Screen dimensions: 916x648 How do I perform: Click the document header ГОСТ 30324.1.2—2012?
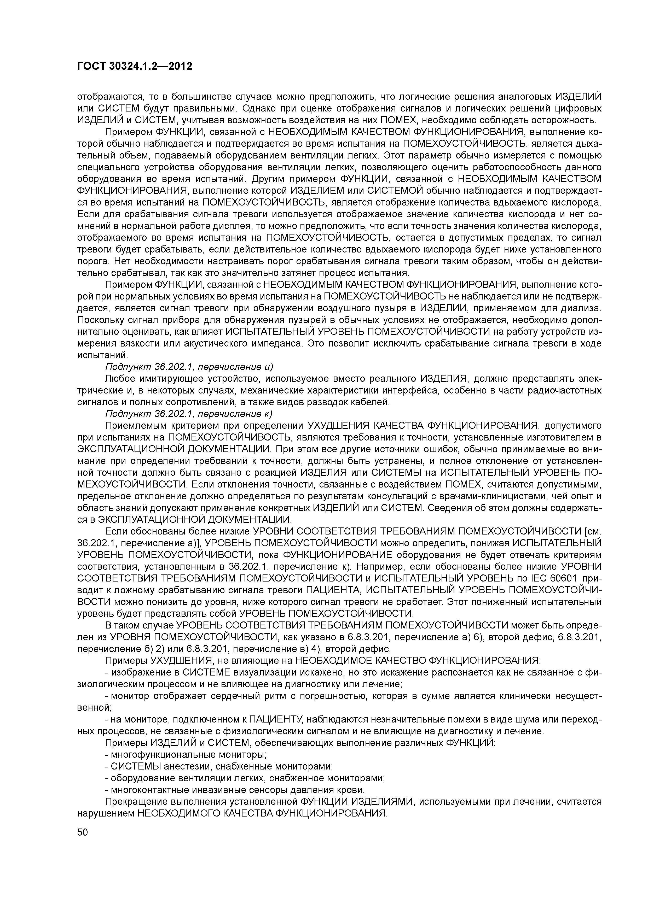(135, 67)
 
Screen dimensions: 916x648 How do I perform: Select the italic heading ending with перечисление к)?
(188, 413)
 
